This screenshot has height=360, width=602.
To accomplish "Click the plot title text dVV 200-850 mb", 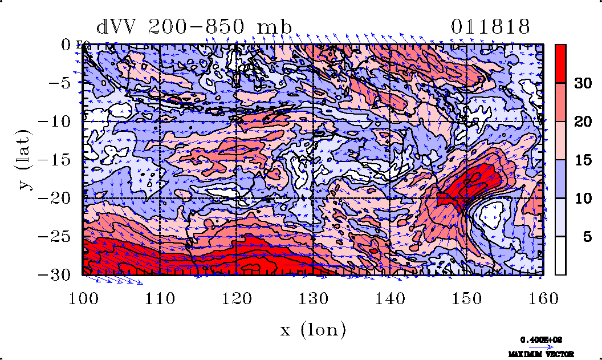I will (x=194, y=27).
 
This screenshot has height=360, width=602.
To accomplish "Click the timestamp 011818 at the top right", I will (x=490, y=27).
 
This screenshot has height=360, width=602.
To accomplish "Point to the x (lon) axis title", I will (x=313, y=329).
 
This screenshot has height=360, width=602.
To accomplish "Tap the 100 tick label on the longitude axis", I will (x=83, y=298).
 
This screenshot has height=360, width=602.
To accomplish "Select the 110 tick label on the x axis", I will (x=160, y=298).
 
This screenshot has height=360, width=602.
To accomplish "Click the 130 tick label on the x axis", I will (x=313, y=298).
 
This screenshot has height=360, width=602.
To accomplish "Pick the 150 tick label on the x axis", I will (x=467, y=298).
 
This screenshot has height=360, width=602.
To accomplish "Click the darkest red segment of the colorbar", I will (x=561, y=63).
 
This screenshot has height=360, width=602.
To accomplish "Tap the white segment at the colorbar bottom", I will (x=561, y=256).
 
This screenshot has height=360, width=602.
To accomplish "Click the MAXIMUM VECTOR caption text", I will (x=542, y=354).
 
